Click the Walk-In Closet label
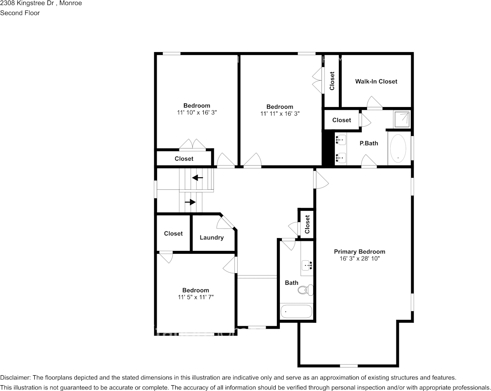[376, 81]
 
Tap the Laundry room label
[212, 238]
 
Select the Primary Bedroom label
[360, 252]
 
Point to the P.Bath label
[369, 143]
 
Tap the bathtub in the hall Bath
[296, 312]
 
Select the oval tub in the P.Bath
[398, 148]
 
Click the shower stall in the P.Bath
[402, 119]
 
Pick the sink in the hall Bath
[307, 265]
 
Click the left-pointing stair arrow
[197, 178]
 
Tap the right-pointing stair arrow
[190, 202]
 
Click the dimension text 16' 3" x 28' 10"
[360, 259]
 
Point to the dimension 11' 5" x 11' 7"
[196, 298]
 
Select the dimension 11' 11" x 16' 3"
[280, 114]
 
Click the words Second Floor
[20, 13]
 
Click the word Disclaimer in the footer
[15, 377]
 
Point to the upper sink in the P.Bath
[341, 139]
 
